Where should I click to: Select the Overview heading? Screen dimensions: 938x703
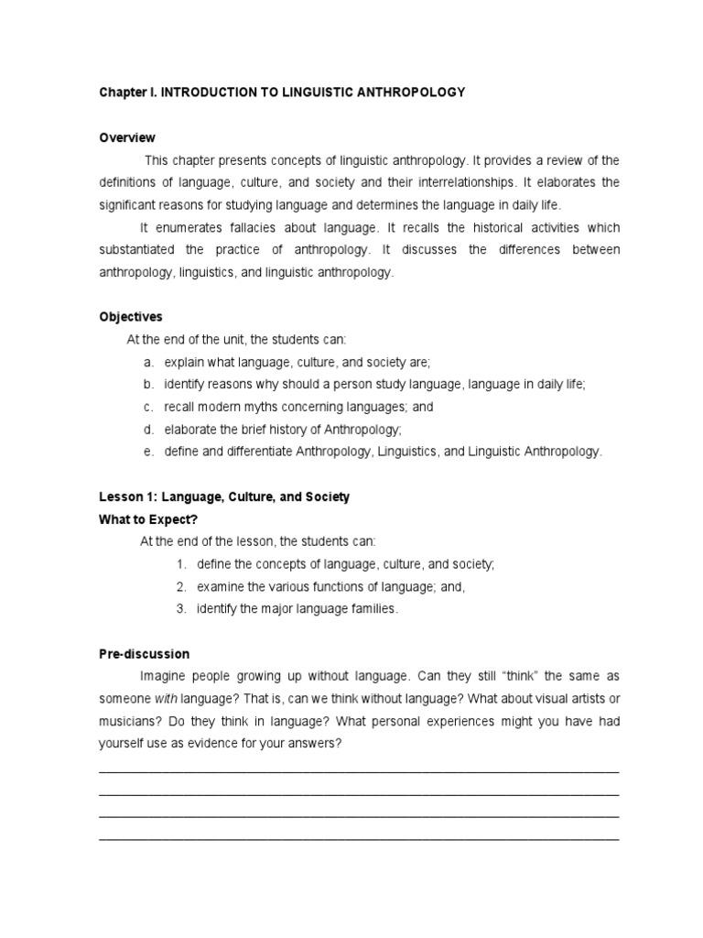point(127,138)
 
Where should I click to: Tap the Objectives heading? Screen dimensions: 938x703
point(131,317)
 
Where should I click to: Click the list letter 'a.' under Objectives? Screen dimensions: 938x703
point(148,363)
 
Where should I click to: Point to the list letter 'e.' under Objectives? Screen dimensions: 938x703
point(148,452)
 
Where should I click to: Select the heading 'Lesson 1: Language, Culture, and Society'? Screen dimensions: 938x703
point(224,497)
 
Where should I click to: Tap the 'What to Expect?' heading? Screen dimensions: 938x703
point(148,519)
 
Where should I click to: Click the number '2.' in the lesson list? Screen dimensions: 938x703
point(182,586)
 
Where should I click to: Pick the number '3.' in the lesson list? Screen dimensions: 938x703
point(182,609)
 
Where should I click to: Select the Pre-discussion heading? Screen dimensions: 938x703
point(145,654)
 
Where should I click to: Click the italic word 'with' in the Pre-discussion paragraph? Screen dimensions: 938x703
point(165,699)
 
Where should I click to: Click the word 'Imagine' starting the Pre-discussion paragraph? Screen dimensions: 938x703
point(162,676)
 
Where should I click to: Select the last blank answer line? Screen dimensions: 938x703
point(358,838)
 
